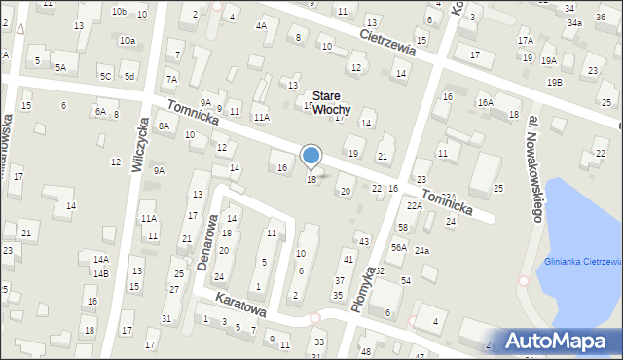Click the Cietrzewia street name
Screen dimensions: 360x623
(x=387, y=40)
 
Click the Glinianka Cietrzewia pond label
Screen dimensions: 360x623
(x=583, y=261)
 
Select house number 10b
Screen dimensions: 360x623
(x=119, y=12)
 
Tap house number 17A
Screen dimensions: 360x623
(x=526, y=41)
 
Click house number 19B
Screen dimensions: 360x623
(x=554, y=83)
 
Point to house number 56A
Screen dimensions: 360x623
(x=399, y=248)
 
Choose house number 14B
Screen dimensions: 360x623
(x=101, y=273)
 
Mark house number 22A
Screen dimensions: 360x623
(x=414, y=206)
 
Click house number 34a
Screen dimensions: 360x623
(x=574, y=22)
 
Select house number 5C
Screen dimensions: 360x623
(x=105, y=75)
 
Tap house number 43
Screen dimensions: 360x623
(x=363, y=240)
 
